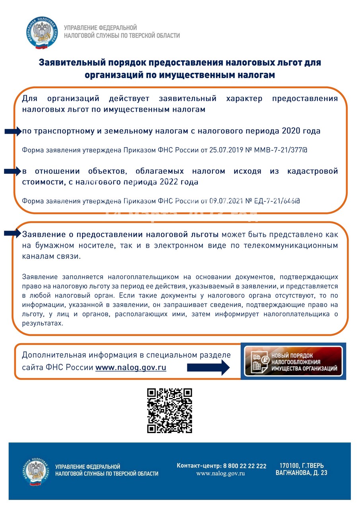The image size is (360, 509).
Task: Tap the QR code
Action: (x=169, y=410)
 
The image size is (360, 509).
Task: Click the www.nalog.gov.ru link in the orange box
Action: (x=131, y=367)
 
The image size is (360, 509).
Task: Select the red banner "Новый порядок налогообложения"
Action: (x=293, y=361)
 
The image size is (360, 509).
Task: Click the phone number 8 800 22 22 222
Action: (x=245, y=466)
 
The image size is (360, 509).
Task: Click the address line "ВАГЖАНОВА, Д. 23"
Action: (x=302, y=473)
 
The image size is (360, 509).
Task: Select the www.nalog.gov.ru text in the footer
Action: (x=220, y=474)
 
